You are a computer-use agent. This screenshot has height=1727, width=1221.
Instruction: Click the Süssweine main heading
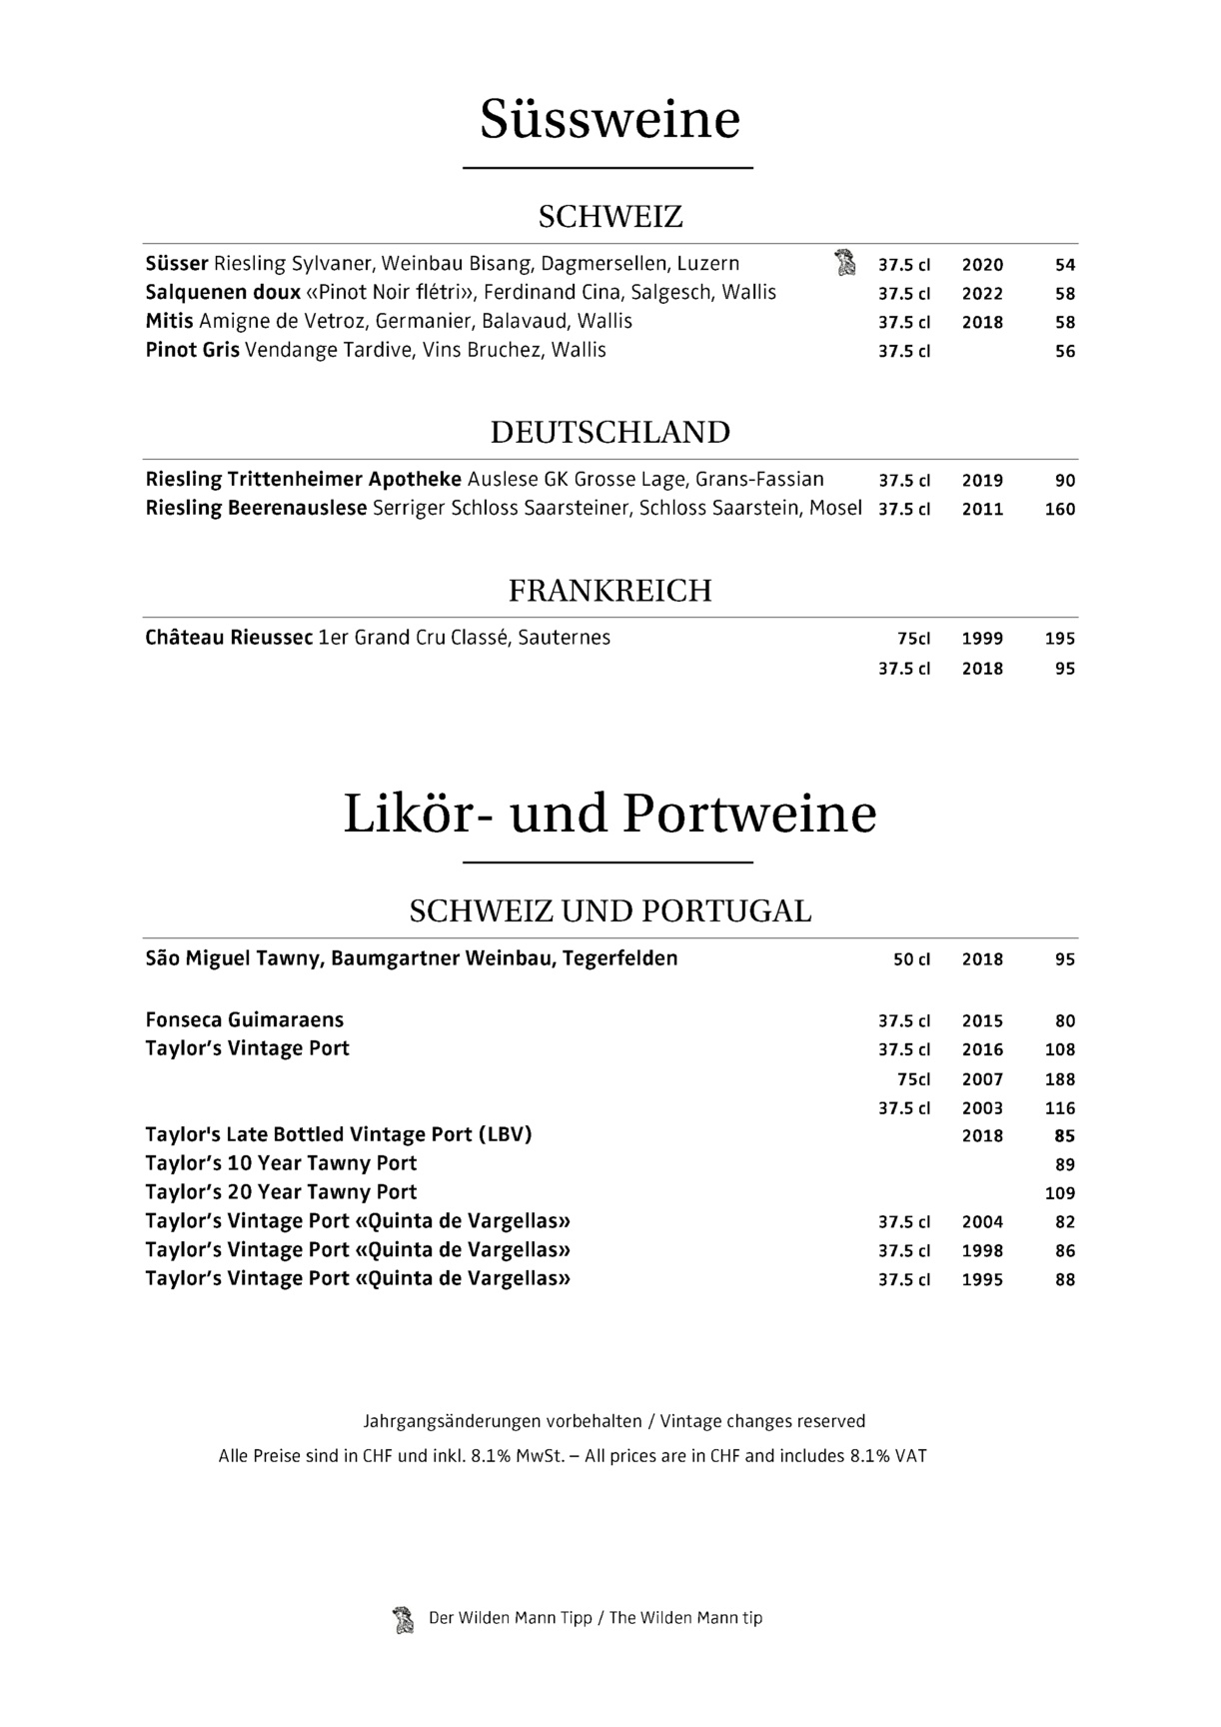pos(610,120)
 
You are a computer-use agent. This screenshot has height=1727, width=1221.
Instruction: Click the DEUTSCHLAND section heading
pos(610,433)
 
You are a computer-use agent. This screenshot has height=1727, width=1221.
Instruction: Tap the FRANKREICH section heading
pos(610,591)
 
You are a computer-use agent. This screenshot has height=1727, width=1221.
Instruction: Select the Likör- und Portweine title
pos(610,815)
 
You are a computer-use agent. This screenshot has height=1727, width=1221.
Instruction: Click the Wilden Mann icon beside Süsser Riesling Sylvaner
pos(845,263)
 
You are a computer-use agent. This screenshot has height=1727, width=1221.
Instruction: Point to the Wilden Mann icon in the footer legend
pos(403,1619)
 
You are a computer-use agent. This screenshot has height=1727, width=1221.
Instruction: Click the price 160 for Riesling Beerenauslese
pos(1059,509)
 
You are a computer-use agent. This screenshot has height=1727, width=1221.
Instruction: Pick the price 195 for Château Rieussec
pos(1059,639)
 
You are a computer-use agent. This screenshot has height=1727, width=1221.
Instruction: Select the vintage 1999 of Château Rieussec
pos(982,639)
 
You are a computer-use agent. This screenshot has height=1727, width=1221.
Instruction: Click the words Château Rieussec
pos(229,638)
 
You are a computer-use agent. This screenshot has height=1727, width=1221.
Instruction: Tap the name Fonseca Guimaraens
pos(244,1020)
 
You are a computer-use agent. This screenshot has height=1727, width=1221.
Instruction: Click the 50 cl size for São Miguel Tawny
pos(911,959)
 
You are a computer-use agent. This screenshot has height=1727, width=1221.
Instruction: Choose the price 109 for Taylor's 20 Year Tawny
pos(1059,1193)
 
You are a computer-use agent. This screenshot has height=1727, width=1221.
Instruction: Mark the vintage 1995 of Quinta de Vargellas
pos(982,1280)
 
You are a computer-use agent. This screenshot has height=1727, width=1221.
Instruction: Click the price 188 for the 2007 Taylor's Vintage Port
pos(1059,1079)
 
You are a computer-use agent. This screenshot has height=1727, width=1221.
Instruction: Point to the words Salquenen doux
pos(223,293)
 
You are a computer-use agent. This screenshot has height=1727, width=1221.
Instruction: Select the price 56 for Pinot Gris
pos(1065,352)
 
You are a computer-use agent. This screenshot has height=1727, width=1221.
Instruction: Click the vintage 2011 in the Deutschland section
pos(982,509)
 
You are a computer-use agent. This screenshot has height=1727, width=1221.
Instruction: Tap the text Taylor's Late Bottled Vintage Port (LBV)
pos(338,1135)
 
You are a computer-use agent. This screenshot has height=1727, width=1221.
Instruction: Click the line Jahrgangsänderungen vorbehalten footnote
pos(613,1421)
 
